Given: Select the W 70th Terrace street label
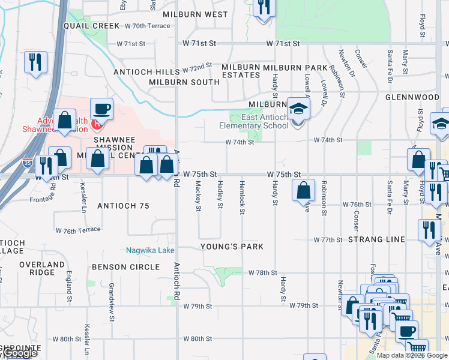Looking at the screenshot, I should (x=148, y=26).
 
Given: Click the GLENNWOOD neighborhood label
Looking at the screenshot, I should (x=413, y=97).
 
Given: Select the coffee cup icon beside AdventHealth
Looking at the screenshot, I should (x=101, y=110).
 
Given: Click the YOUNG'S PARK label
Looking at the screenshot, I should (x=232, y=247).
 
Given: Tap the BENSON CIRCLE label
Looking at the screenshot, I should (x=126, y=266).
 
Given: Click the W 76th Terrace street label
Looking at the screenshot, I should (x=77, y=230).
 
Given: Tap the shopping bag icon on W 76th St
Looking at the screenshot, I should (x=304, y=191).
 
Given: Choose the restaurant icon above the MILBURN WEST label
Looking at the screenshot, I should (x=264, y=7).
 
